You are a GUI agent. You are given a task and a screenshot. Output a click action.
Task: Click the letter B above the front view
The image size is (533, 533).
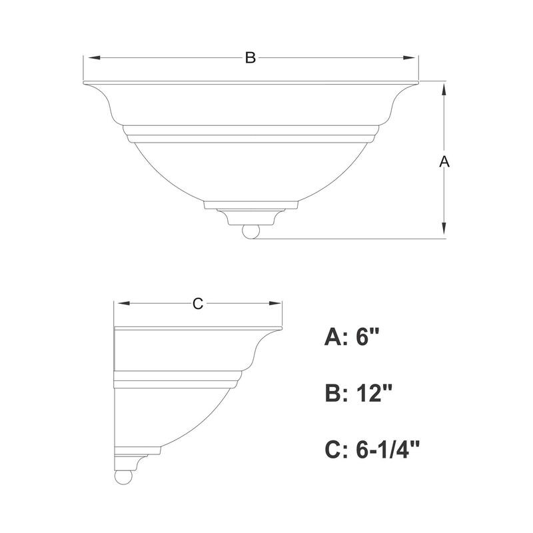point(250,58)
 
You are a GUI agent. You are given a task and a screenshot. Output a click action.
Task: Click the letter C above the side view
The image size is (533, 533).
point(197,304)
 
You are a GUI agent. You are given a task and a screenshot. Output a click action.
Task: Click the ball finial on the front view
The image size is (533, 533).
point(251,231)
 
